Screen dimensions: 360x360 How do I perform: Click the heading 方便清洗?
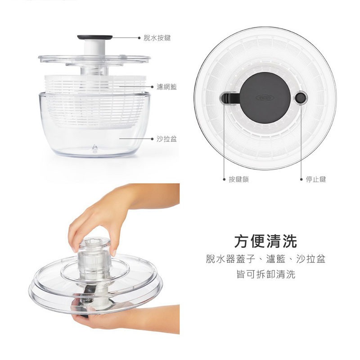point(265,242)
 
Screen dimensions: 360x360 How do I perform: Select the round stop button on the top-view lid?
point(300,98)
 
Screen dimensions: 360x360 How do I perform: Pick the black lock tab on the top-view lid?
point(229,98)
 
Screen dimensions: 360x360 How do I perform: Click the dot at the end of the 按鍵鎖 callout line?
point(224,179)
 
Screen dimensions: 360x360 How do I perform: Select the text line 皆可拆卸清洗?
point(265,274)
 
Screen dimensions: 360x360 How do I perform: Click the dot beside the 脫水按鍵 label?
point(139,39)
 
